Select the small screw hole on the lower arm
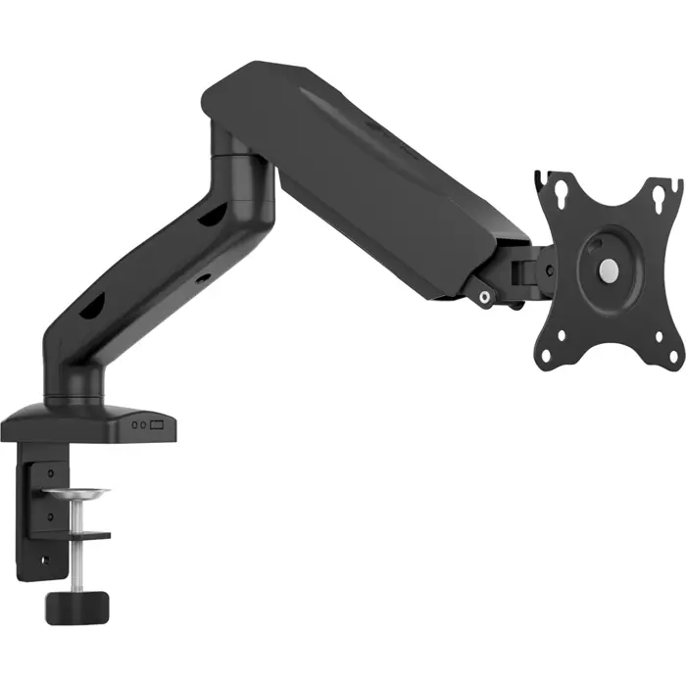click(x=203, y=278)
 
